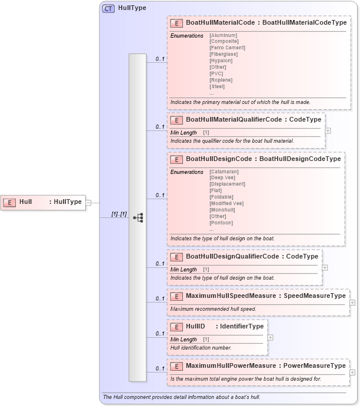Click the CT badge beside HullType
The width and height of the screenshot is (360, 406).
click(109, 8)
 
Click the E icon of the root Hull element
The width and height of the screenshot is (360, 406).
click(9, 202)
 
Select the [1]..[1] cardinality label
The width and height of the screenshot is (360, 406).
click(119, 214)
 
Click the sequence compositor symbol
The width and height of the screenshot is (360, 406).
click(138, 217)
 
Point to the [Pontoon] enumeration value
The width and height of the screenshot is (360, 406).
click(221, 223)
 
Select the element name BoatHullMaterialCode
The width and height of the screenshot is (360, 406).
click(220, 23)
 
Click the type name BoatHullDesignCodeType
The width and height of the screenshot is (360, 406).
click(300, 159)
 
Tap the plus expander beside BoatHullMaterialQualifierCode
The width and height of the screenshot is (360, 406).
click(328, 130)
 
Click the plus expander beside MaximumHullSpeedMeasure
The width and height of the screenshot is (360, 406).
click(352, 303)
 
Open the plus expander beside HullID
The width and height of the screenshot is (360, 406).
click(270, 337)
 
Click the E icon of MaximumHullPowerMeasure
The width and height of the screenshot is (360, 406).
click(176, 366)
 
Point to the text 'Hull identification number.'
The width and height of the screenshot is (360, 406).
click(201, 348)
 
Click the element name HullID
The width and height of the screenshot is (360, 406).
click(195, 326)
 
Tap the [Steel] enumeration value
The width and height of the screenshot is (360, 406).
click(217, 86)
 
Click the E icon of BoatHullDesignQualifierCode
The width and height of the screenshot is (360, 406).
click(176, 257)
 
